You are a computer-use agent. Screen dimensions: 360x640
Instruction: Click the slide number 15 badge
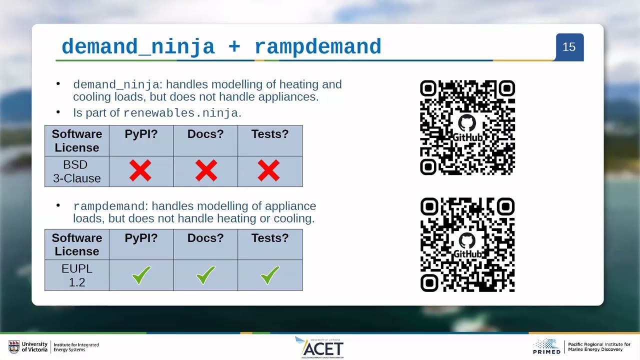pyautogui.click(x=569, y=47)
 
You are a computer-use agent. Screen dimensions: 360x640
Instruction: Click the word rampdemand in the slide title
pyautogui.click(x=317, y=47)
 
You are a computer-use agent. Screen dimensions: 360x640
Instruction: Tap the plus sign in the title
pyautogui.click(x=234, y=47)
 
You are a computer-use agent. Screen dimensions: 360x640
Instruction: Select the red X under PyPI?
pyautogui.click(x=140, y=171)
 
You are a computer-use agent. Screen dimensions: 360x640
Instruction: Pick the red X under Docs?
pyautogui.click(x=205, y=171)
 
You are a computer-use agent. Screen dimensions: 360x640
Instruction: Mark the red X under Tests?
pyautogui.click(x=269, y=171)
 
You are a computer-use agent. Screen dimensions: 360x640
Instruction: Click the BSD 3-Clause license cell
pyautogui.click(x=76, y=171)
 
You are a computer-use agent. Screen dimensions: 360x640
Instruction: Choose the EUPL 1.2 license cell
pyautogui.click(x=76, y=275)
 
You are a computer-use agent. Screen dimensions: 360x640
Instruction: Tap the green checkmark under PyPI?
pyautogui.click(x=141, y=275)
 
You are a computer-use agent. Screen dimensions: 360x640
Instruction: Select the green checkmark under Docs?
pyautogui.click(x=205, y=275)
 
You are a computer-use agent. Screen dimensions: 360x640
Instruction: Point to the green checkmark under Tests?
pyautogui.click(x=269, y=275)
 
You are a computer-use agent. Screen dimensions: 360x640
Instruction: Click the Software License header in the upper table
pyautogui.click(x=76, y=141)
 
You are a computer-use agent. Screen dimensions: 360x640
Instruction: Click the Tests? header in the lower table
pyautogui.click(x=269, y=238)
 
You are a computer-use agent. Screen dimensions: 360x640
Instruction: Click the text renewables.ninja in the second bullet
pyautogui.click(x=180, y=113)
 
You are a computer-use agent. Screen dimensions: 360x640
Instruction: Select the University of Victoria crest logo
pyautogui.click(x=14, y=346)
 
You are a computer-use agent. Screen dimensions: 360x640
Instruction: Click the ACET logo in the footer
pyautogui.click(x=322, y=347)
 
